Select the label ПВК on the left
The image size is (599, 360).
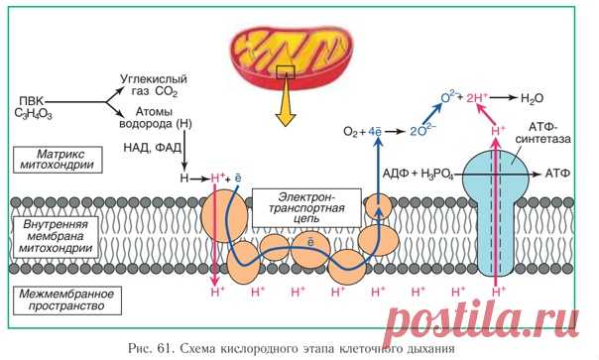click(31, 99)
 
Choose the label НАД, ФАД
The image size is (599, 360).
click(156, 145)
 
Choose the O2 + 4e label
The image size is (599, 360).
click(361, 131)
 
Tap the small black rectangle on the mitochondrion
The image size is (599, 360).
click(286, 71)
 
